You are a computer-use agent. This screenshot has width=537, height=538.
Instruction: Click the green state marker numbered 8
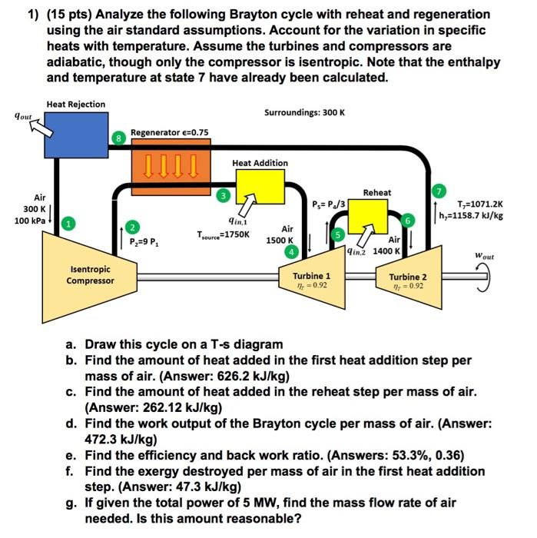tap(118, 138)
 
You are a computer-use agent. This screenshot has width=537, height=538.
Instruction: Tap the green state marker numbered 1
tap(68, 223)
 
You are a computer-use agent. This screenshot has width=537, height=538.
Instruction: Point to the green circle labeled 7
tap(439, 190)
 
